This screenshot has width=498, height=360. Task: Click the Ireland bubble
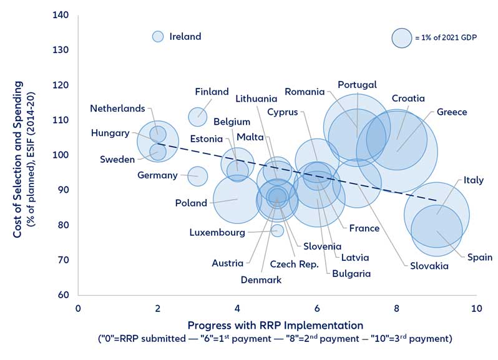pyautogui.click(x=158, y=37)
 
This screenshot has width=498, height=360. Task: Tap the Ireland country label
pyautogui.click(x=185, y=37)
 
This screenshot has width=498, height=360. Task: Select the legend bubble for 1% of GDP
pyautogui.click(x=401, y=37)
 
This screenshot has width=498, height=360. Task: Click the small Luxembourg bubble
pyautogui.click(x=278, y=230)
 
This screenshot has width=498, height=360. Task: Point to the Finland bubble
pyautogui.click(x=198, y=116)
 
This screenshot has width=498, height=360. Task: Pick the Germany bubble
pyautogui.click(x=198, y=176)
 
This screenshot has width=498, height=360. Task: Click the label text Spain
pyautogui.click(x=479, y=257)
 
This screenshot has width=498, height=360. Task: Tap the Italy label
pyautogui.click(x=472, y=180)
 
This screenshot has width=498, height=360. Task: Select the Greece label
pyautogui.click(x=451, y=112)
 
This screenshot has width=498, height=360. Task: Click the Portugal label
pyautogui.click(x=357, y=85)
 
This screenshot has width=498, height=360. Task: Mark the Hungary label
pyautogui.click(x=110, y=133)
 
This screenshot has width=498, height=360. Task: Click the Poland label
pyautogui.click(x=191, y=203)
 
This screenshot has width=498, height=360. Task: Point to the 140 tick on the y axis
pyautogui.click(x=61, y=14)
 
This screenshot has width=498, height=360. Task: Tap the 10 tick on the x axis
pyautogui.click(x=476, y=308)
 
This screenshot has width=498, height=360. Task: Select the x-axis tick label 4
pyautogui.click(x=237, y=308)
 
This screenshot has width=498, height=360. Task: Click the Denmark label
pyautogui.click(x=261, y=280)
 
